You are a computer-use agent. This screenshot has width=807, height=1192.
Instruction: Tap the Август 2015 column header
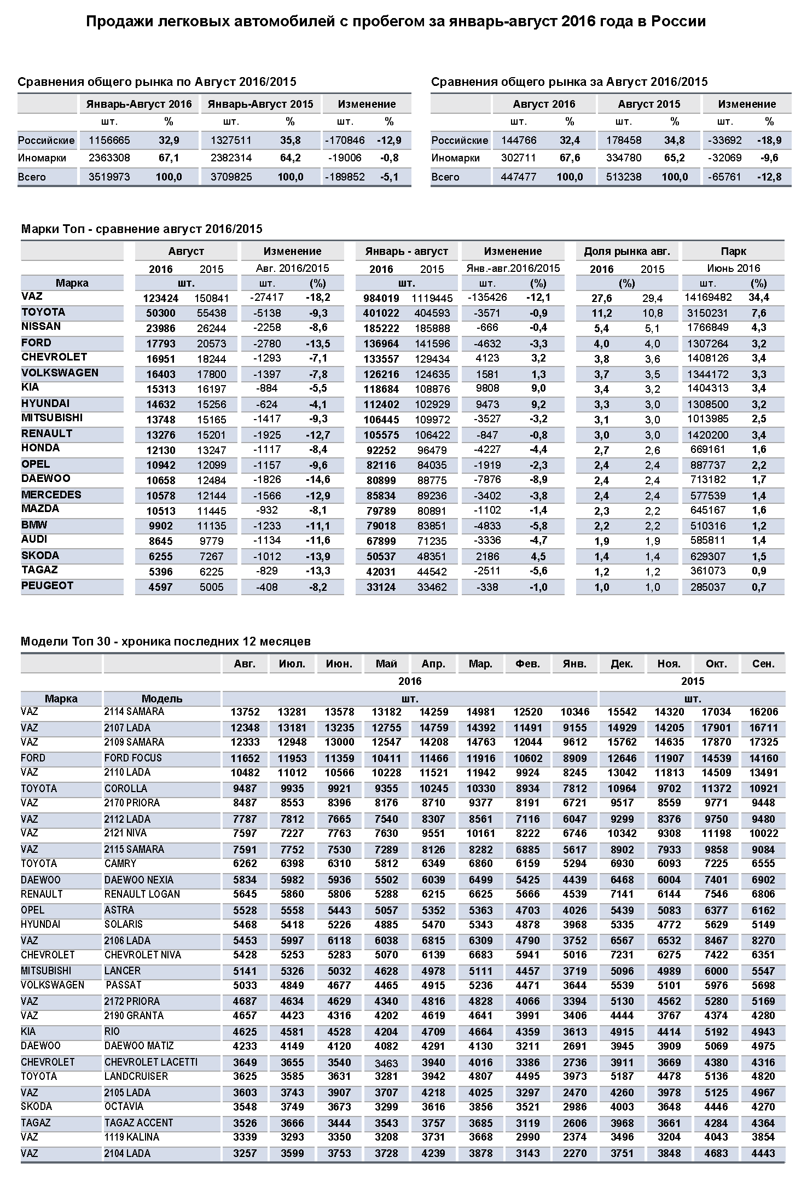pos(649,104)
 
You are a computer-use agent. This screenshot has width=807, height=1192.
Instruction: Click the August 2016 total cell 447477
pos(518,177)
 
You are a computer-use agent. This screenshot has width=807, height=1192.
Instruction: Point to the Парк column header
pos(733,251)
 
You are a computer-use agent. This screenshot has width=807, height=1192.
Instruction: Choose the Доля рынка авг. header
pos(626,251)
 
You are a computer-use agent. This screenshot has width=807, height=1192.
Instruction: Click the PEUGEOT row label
pos(47,586)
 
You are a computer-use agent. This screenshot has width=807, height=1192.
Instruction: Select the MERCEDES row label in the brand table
pos(51,495)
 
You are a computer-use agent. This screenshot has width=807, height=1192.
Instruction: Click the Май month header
pos(386,664)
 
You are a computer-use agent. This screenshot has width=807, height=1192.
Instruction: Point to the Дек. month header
pos(622,664)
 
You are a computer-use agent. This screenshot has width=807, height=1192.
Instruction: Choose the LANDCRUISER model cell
pos(136,1076)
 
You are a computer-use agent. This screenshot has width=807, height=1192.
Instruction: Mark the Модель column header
pos(162,699)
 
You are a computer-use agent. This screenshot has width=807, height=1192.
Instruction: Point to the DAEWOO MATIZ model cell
pos(139,1045)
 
